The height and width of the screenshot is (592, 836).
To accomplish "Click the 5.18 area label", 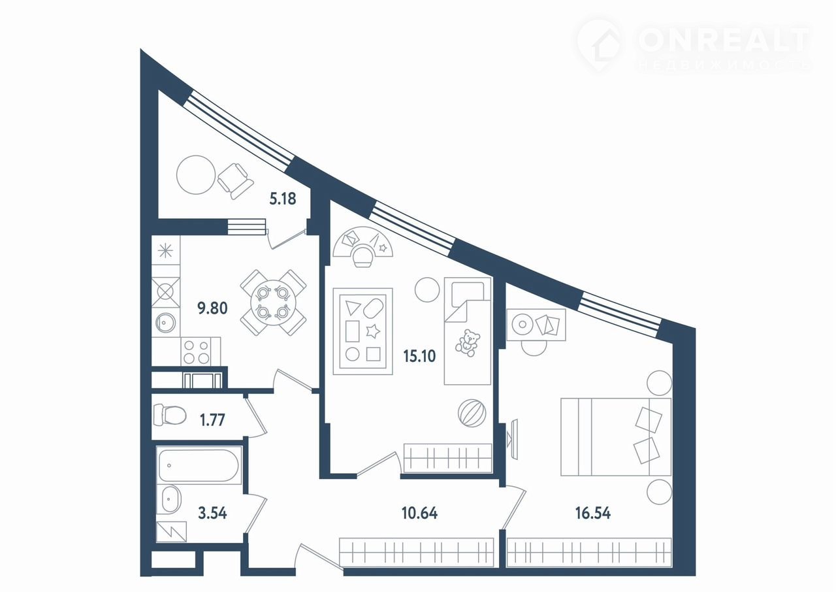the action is pyautogui.click(x=283, y=199).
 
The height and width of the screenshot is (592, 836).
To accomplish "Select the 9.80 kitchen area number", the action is pyautogui.click(x=212, y=308).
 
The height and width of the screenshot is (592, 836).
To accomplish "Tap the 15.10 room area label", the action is pyautogui.click(x=419, y=356).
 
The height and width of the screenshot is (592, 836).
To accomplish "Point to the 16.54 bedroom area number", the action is pyautogui.click(x=593, y=513).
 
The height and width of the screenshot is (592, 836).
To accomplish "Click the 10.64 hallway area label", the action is pyautogui.click(x=420, y=513).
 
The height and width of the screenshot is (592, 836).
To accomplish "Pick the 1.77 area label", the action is pyautogui.click(x=212, y=420).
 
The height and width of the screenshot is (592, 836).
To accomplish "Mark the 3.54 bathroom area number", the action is pyautogui.click(x=212, y=513).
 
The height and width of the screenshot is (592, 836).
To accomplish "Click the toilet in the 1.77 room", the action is pyautogui.click(x=170, y=415).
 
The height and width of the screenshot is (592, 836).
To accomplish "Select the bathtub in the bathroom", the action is pyautogui.click(x=199, y=465).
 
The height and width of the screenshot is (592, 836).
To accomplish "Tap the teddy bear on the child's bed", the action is pyautogui.click(x=467, y=342).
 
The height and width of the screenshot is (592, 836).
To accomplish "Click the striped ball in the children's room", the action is pyautogui.click(x=472, y=413).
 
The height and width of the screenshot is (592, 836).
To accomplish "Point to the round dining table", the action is pyautogui.click(x=274, y=303).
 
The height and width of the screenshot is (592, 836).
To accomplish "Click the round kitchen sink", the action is pyautogui.click(x=165, y=321).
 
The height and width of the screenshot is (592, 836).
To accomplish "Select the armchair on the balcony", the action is pyautogui.click(x=235, y=181).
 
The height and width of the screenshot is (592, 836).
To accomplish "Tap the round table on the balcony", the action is pyautogui.click(x=196, y=175).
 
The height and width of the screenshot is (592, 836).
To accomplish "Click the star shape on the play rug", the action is pyautogui.click(x=372, y=331).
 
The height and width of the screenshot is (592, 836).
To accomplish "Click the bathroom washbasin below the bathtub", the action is pyautogui.click(x=171, y=499).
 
